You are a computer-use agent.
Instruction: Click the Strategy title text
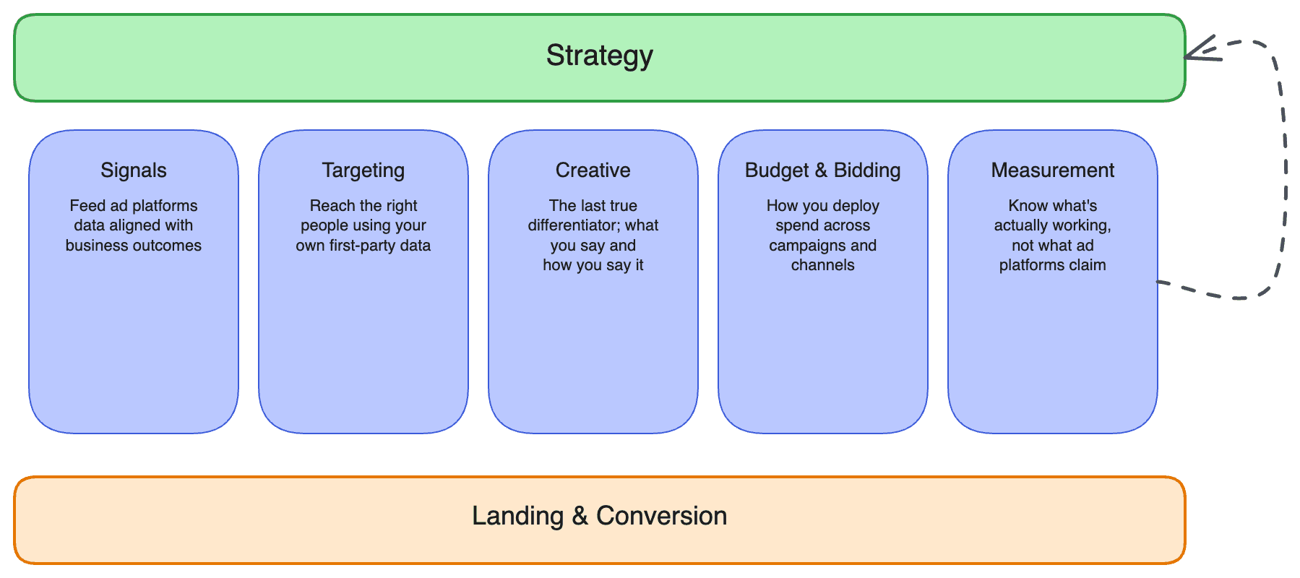coord(600,56)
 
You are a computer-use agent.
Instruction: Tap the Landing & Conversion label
coord(600,516)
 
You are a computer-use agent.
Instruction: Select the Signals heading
coord(134,171)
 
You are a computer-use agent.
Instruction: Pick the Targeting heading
coord(363,171)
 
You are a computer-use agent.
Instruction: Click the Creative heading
coord(593,171)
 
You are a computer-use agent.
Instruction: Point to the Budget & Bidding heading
coord(823,171)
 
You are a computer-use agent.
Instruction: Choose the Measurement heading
coord(1053,171)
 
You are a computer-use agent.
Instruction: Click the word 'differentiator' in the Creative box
coord(574,225)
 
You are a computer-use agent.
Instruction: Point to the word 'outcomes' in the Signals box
coord(171,246)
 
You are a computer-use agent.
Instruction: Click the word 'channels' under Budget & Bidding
coord(823,265)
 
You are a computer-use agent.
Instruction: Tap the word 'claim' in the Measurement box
coord(1088,265)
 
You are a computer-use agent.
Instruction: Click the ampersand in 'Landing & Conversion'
coord(580,516)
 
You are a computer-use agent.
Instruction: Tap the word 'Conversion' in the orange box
coord(662,516)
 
